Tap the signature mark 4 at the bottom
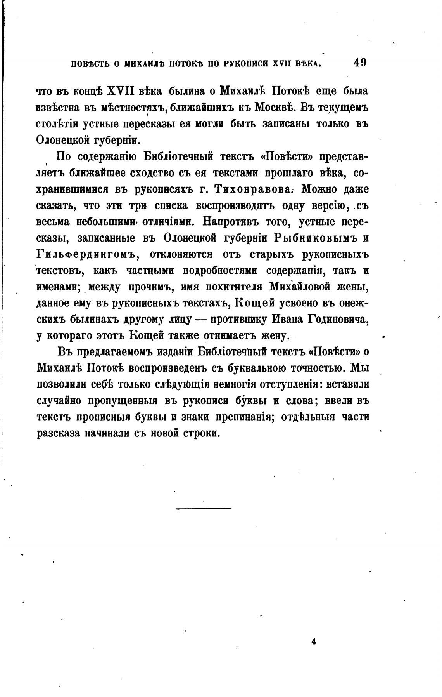(313, 642)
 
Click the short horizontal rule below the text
(204, 508)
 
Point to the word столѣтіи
(58, 124)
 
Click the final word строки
(200, 433)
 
